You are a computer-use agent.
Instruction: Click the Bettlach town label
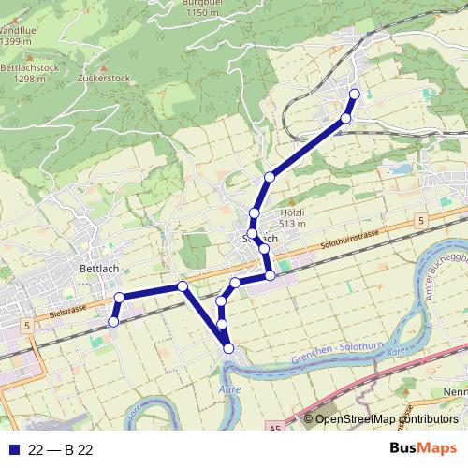[x=98, y=268]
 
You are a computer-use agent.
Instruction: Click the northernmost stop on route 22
[x=354, y=94]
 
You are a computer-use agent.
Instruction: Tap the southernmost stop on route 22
[x=228, y=349]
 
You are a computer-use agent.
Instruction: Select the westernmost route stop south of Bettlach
[x=113, y=321]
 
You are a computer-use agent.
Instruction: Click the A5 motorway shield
[x=273, y=428]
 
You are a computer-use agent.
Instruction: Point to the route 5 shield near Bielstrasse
[x=29, y=325]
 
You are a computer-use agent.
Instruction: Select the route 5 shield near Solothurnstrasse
[x=421, y=220]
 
